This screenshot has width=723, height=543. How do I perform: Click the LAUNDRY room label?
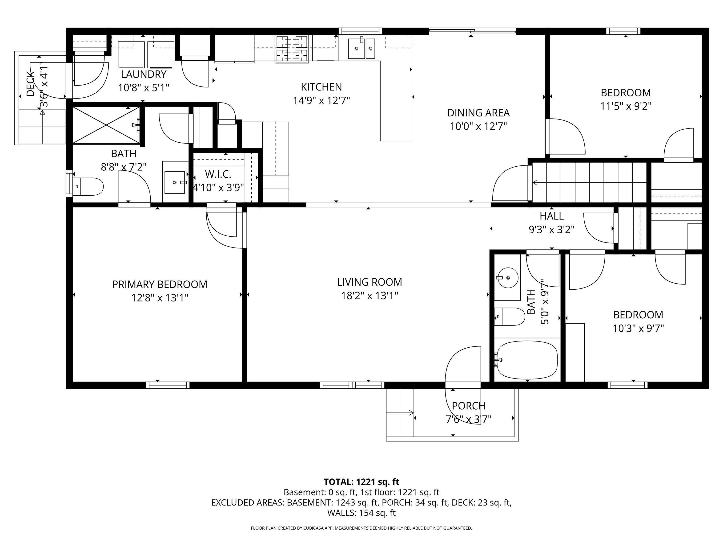(x=144, y=74)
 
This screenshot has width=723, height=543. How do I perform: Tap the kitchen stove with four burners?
(x=292, y=49)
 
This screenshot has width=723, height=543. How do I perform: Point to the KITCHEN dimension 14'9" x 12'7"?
(x=321, y=100)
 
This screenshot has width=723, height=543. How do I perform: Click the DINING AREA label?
(x=478, y=113)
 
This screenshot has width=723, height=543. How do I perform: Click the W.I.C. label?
(x=218, y=174)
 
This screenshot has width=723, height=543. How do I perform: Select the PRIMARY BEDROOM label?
(x=160, y=284)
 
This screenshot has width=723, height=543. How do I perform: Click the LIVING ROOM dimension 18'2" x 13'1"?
(x=369, y=296)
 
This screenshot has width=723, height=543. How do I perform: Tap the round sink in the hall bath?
(x=508, y=278)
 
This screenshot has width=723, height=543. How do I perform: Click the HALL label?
(x=551, y=216)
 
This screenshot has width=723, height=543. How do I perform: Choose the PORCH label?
(x=468, y=406)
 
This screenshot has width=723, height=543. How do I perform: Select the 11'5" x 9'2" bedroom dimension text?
(x=626, y=106)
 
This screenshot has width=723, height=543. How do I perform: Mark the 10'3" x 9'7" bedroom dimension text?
(x=638, y=328)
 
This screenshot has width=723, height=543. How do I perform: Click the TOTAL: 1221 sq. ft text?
(x=361, y=482)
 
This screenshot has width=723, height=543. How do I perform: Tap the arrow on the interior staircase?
(x=535, y=183)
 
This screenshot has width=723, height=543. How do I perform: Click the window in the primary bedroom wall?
(x=168, y=385)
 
